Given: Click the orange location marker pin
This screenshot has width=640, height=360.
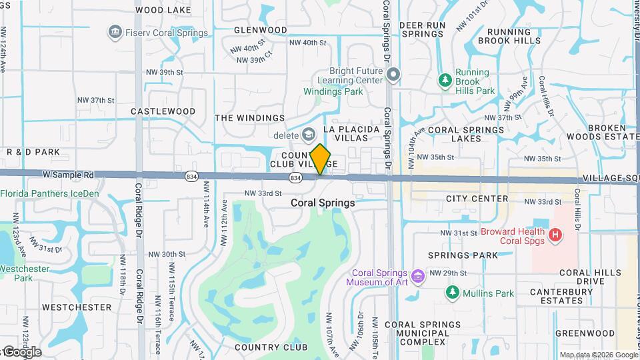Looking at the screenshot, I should coord(320,159).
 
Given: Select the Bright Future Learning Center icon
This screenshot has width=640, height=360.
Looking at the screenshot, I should coord(393,74).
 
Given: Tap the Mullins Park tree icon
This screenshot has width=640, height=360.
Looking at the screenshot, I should coord(453,293).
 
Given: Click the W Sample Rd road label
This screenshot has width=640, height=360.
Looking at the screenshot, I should coord(69,175).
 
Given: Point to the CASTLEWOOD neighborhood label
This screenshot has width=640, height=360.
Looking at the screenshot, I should coord(163,111).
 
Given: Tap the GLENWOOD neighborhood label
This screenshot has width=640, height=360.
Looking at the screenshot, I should coord(261,30).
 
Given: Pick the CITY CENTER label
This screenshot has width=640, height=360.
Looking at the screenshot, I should coord(477,199).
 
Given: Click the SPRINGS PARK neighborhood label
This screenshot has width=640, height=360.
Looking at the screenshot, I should coord(463,255).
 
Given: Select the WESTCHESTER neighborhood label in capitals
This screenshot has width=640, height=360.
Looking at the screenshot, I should coord(77,307).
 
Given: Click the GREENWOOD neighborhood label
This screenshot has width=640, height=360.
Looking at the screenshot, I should coord(585,333).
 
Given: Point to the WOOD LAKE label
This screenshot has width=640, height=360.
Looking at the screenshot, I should coord(163,10).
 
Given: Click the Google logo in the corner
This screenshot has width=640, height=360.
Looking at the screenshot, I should coord(22,352).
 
